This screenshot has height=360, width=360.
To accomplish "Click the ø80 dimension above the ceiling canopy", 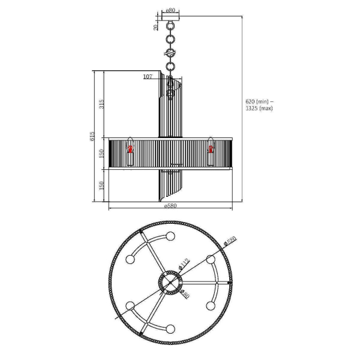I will tap(170, 10).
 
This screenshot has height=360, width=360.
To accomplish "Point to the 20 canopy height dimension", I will tap(156, 27).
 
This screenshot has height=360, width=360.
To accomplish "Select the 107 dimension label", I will tap(148, 77).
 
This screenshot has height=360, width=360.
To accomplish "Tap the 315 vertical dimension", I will tap(102, 105).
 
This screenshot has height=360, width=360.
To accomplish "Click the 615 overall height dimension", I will tap(92, 136).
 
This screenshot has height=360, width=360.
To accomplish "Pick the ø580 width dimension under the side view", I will tap(170, 206).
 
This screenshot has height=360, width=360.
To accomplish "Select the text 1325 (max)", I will tap(259, 109).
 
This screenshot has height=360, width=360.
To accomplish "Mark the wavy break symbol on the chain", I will tap(170, 53).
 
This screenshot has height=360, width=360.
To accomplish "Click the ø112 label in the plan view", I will tap(183, 264).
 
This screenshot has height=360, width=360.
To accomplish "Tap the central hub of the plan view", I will tap(170, 283).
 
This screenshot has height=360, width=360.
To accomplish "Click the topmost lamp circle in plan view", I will tap(170, 236).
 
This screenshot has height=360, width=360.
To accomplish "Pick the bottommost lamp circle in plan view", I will tap(170, 329).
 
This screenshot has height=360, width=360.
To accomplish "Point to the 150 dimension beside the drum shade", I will tap(102, 154).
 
